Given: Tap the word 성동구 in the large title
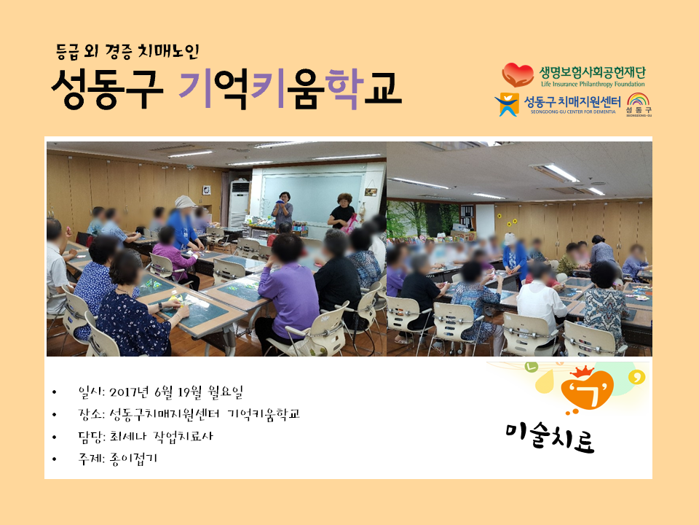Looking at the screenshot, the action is point(107,88).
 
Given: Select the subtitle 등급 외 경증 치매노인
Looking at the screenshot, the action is point(127,52).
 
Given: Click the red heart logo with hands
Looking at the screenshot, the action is point(518,74).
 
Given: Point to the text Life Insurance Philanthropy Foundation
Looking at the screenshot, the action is point(593,84).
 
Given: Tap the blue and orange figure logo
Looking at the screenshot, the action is point(507,104).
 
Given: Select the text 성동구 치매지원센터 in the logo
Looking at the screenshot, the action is point(572,102).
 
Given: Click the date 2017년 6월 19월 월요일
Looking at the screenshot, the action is point(176,392).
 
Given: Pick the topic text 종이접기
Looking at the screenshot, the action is point(133,459).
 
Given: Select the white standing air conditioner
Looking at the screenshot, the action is point(240,204).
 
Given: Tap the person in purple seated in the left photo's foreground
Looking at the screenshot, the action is point(285,290).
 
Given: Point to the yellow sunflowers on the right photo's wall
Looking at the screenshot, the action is point(508,219).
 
